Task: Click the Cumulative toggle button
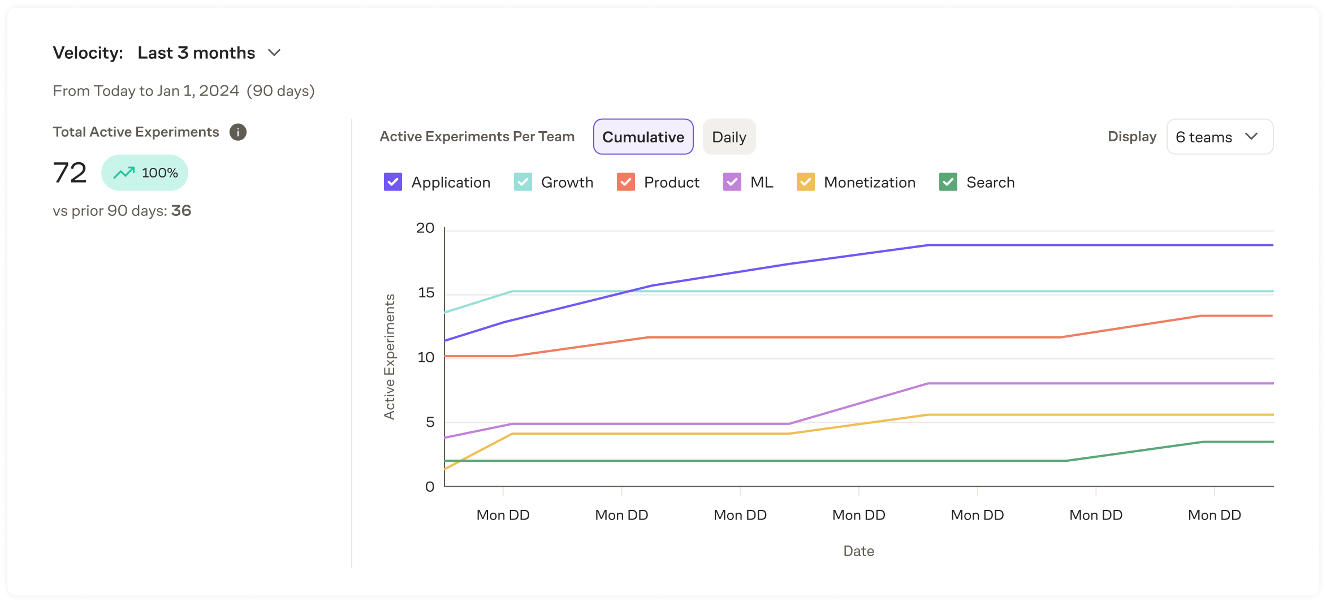pos(643,137)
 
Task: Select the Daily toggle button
pos(729,137)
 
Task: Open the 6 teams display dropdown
pos(1220,137)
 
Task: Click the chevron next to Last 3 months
pos(274,53)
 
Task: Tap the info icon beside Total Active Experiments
pos(238,132)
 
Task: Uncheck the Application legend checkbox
pos(393,182)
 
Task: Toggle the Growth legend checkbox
pos(523,182)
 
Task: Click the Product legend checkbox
pos(626,182)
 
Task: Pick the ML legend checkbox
pos(732,182)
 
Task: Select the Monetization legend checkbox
pos(806,182)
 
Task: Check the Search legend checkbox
pos(948,182)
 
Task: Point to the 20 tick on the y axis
pos(425,228)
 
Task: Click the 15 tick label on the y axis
pos(426,293)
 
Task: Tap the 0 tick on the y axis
pos(430,487)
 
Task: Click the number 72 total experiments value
pos(70,173)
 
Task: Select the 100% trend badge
pos(145,173)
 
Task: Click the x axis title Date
pos(858,551)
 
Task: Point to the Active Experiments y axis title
pos(390,357)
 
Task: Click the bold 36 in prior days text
pos(182,211)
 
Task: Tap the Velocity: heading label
pos(88,53)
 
